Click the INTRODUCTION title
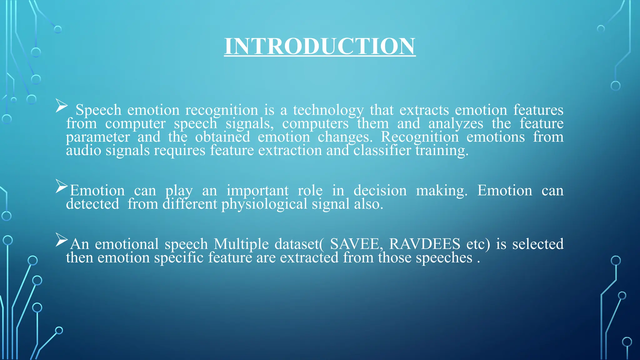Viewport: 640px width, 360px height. (x=320, y=46)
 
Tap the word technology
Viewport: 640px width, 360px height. (x=328, y=110)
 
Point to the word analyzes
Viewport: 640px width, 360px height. (x=456, y=124)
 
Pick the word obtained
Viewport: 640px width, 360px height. (x=222, y=137)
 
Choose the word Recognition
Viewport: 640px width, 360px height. (x=420, y=137)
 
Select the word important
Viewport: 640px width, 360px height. (x=257, y=191)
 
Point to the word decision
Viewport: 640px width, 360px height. (x=380, y=191)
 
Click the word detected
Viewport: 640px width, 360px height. (x=92, y=204)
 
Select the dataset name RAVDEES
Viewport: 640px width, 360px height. (x=425, y=244)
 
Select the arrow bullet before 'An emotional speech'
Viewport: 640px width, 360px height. (x=62, y=240)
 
